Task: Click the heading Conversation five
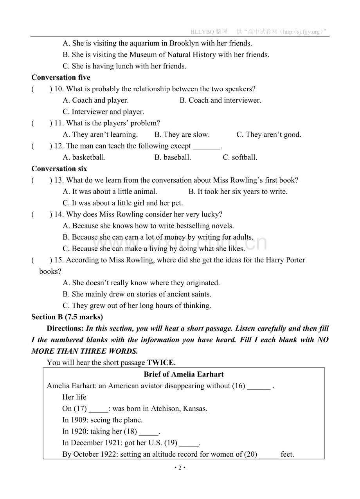pos(61,78)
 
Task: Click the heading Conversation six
pos(59,169)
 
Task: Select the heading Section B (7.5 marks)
pos(67,317)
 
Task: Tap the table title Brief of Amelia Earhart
pos(184,374)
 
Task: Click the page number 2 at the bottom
pos(180,468)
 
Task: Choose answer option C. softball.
pos(240,157)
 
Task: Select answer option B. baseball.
pos(173,157)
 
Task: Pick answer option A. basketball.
pos(84,157)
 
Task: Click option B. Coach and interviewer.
pos(220,100)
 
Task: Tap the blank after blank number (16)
pos(259,386)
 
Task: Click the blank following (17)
pos(98,409)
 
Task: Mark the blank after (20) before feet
pos(269,455)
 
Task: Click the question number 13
pos(59,180)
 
